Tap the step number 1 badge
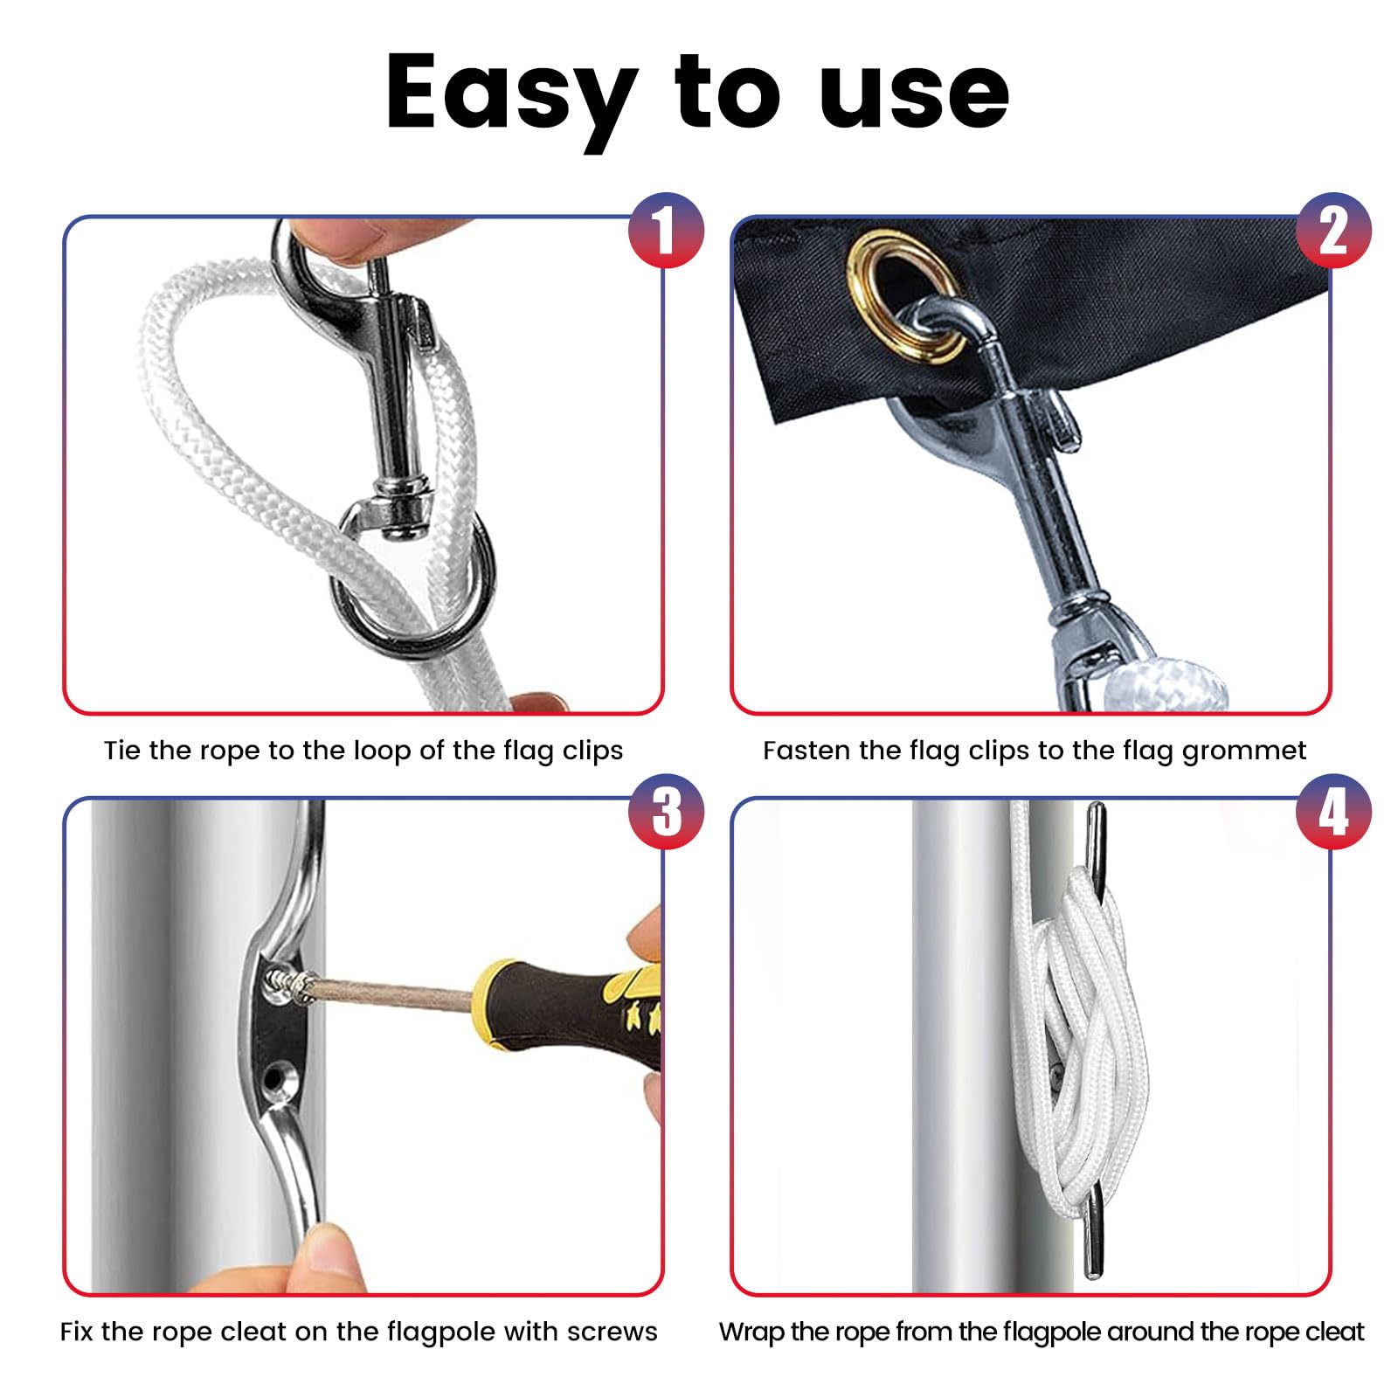(x=666, y=231)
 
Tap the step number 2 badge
(x=1333, y=231)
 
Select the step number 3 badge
(x=666, y=812)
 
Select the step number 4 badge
(x=1333, y=812)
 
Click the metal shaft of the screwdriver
(x=393, y=994)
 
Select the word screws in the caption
(x=612, y=1332)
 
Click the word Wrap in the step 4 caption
(x=750, y=1332)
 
